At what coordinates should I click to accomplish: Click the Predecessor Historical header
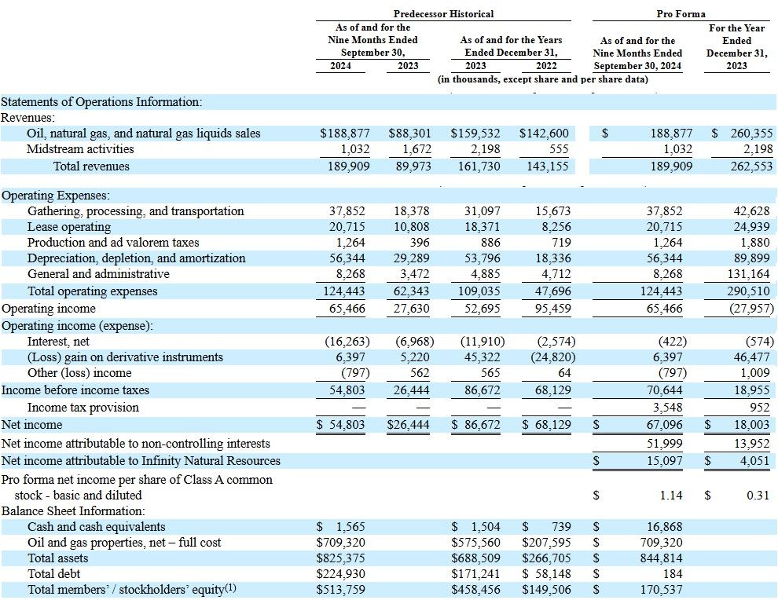pos(443,14)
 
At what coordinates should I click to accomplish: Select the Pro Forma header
pos(681,14)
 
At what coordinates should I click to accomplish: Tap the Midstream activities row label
pos(80,149)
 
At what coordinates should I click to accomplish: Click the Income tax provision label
pos(83,408)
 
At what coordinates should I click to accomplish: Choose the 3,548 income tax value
pos(666,408)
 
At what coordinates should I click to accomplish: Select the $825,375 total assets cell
pos(340,558)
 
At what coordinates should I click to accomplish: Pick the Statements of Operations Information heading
pos(101,102)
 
